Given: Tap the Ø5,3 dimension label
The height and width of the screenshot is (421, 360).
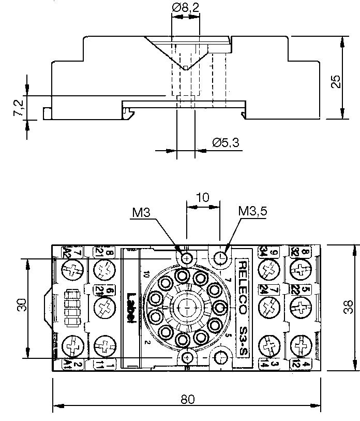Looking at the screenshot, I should coord(226,143).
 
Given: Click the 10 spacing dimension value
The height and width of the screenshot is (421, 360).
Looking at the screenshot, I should coord(203,197).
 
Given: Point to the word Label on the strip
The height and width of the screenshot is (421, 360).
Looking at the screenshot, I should coord(130,309).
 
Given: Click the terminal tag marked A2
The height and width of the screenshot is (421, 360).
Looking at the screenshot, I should coord(67,253).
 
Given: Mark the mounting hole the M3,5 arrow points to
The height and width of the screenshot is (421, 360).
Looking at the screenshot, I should coord(221,258).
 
